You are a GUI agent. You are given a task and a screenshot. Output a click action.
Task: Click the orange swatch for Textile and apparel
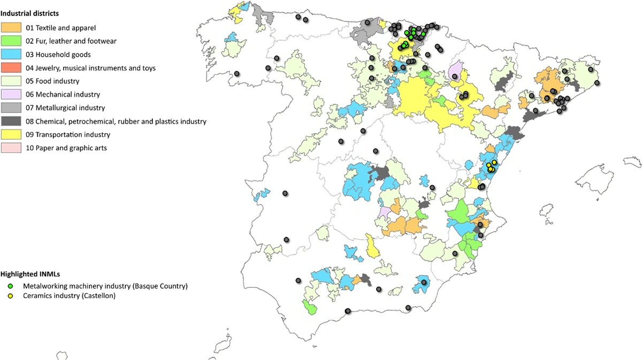tap(11, 27)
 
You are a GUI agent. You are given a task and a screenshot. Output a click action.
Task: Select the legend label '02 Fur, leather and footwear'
tap(71, 41)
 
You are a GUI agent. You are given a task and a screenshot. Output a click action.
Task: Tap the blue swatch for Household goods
tap(11, 55)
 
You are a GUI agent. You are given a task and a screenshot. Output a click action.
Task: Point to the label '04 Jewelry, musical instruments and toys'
tap(90, 68)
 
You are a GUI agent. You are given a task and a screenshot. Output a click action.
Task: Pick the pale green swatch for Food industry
tap(11, 81)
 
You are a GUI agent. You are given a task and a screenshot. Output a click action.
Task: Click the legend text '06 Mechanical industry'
tap(62, 95)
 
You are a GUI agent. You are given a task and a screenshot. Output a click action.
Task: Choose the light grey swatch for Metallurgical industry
tap(11, 108)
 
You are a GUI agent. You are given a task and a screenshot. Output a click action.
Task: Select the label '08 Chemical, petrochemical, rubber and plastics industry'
tap(116, 121)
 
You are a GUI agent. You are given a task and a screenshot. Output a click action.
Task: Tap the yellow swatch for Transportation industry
tap(11, 135)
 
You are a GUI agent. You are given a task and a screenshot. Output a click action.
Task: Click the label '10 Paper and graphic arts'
tap(66, 148)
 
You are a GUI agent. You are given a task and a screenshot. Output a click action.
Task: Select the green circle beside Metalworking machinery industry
tap(10, 286)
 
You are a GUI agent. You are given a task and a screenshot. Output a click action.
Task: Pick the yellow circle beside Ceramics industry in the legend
tap(10, 296)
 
